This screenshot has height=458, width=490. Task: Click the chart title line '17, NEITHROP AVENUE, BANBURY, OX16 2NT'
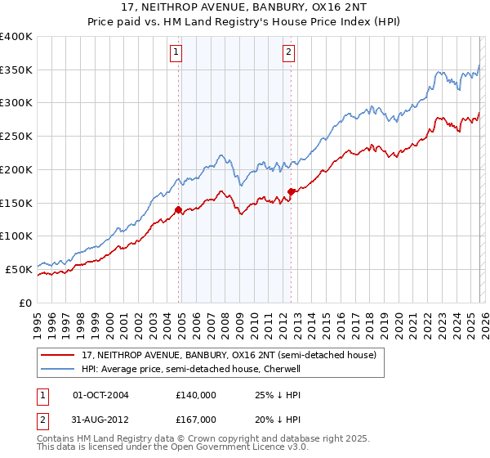click(245, 7)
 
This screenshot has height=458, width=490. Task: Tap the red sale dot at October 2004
click(178, 209)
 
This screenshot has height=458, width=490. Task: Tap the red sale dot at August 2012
click(292, 191)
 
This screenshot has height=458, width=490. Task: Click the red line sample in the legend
click(57, 356)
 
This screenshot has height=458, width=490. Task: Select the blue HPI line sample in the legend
click(57, 369)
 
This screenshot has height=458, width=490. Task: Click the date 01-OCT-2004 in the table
click(100, 395)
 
